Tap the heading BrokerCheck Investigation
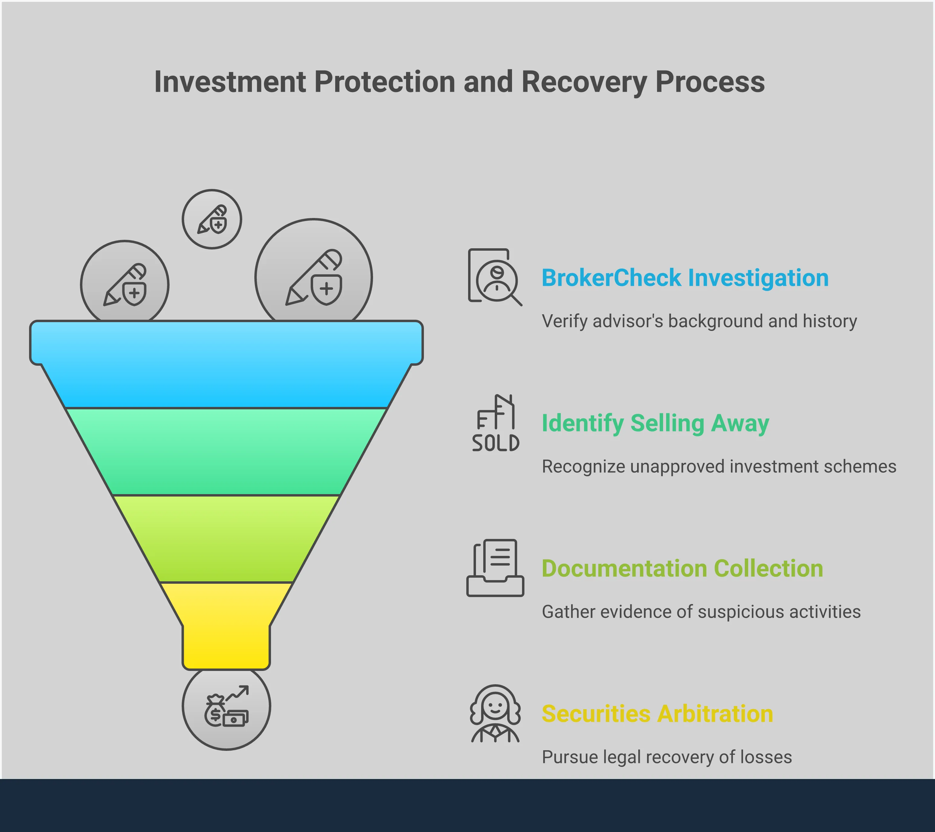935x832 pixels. click(x=685, y=278)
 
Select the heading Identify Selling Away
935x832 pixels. click(x=655, y=423)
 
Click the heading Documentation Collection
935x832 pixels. click(x=682, y=569)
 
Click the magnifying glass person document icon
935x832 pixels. click(x=494, y=277)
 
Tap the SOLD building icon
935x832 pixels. click(x=495, y=424)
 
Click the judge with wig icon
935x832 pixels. click(x=495, y=714)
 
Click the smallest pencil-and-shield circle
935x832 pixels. click(x=212, y=219)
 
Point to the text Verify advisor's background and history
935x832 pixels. click(x=699, y=322)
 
